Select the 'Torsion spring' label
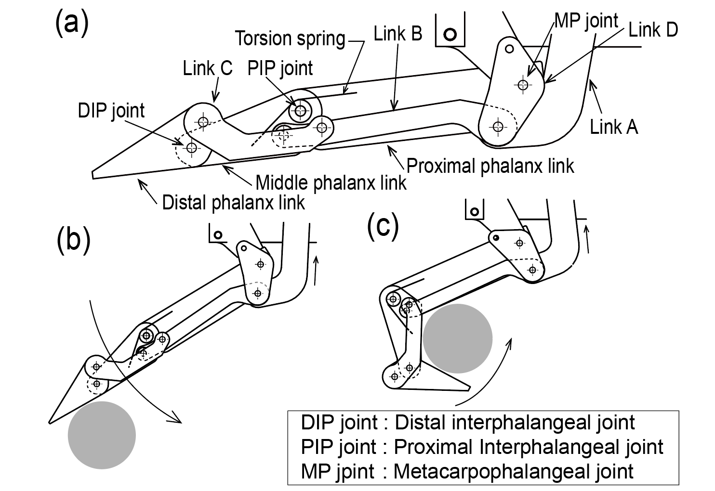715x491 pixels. tap(290, 39)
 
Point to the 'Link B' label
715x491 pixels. tap(397, 34)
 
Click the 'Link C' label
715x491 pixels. tap(208, 68)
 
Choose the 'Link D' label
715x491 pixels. tap(653, 30)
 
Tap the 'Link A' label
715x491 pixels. tap(614, 127)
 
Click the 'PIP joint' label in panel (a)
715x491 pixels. tap(280, 68)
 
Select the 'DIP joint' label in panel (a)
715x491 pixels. tap(111, 111)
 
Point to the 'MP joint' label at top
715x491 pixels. tap(586, 21)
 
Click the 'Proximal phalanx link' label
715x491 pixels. tap(490, 166)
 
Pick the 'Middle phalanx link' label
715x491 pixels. tap(331, 183)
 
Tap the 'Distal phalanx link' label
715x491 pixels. tap(233, 203)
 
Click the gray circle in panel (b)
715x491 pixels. tap(102, 435)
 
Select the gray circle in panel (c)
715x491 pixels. tap(458, 338)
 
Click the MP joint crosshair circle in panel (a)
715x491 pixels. tap(523, 85)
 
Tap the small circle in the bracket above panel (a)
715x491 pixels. tap(450, 34)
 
